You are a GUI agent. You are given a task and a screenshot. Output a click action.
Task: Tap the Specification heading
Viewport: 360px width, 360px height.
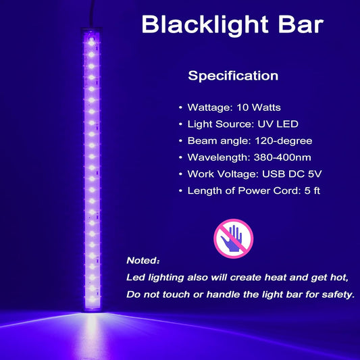pos(233,76)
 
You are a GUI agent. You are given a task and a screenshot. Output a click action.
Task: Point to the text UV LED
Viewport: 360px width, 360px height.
pos(280,124)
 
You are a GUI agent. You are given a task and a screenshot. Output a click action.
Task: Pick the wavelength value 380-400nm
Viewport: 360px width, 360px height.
pos(277,157)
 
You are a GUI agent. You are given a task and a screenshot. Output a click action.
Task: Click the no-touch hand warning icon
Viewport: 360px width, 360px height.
pos(233,234)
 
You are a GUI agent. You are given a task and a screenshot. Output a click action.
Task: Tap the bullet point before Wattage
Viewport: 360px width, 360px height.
pos(180,108)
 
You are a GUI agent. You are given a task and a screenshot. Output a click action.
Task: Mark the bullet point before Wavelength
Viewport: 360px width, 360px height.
pos(180,157)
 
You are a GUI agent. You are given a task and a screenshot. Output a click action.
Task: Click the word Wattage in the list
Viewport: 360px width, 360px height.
pos(208,108)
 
